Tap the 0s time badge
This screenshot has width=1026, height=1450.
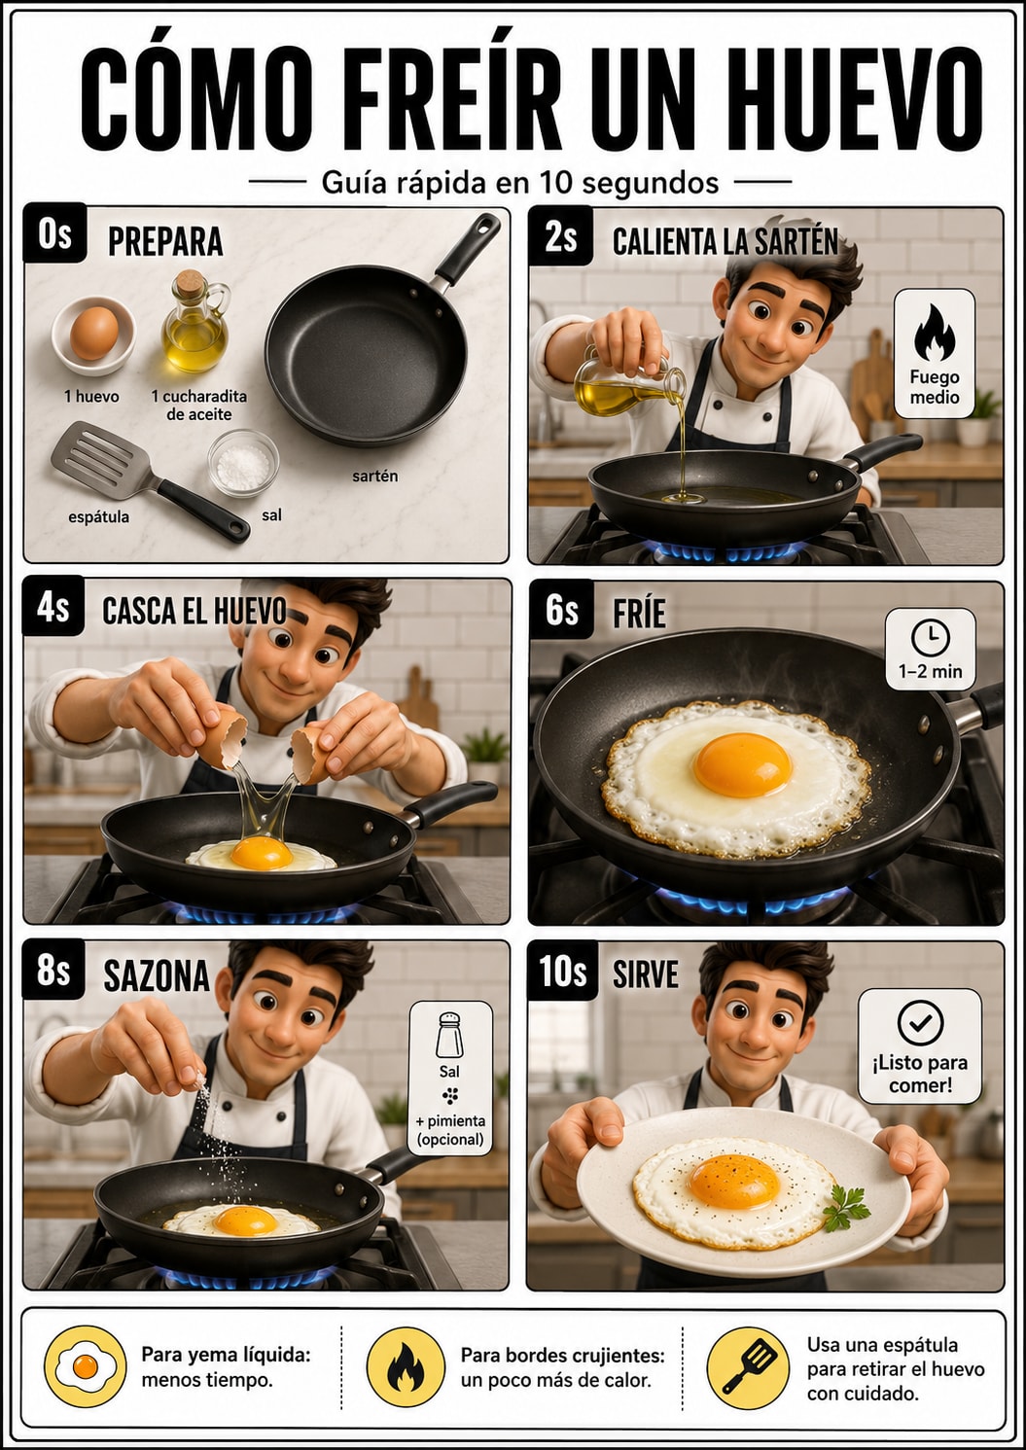(x=54, y=233)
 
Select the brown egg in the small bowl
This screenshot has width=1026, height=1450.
(x=94, y=333)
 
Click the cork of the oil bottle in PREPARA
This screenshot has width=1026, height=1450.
(x=190, y=284)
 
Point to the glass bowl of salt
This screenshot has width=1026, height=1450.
(x=243, y=463)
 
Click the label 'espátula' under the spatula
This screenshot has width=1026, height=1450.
(x=98, y=516)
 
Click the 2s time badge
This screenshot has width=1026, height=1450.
(x=560, y=236)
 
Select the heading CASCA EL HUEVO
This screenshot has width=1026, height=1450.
(x=195, y=611)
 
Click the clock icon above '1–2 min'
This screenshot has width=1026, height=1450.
(x=930, y=638)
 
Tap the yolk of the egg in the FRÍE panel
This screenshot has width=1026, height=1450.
(x=742, y=764)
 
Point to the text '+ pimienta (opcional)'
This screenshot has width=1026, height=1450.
(x=450, y=1130)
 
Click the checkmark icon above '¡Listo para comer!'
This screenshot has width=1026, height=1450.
(x=920, y=1022)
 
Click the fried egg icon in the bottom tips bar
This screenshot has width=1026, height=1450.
(x=86, y=1366)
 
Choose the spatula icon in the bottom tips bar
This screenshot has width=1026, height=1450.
(x=748, y=1366)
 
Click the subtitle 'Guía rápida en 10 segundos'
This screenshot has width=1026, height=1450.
(x=519, y=183)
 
